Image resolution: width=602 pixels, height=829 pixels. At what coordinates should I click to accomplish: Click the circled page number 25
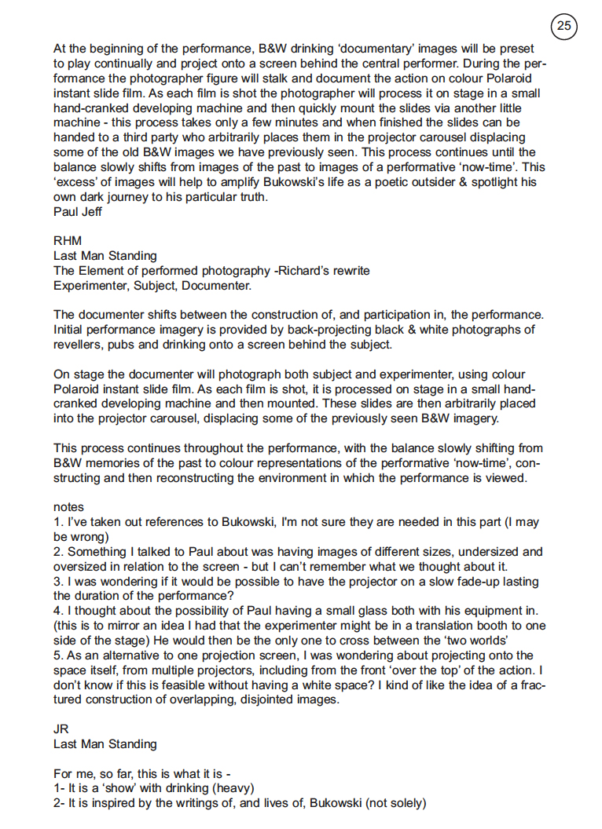pos(564,26)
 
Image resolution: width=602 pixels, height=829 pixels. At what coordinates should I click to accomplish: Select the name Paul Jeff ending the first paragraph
pos(77,212)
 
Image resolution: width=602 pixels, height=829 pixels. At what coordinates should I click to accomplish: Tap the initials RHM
pos(68,241)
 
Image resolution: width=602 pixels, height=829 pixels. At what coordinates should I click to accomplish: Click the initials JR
pos(61,729)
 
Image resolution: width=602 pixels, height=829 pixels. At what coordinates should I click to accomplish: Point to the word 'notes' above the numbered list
pos(68,508)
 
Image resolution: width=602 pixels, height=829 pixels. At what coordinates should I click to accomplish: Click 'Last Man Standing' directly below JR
pos(105,743)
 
